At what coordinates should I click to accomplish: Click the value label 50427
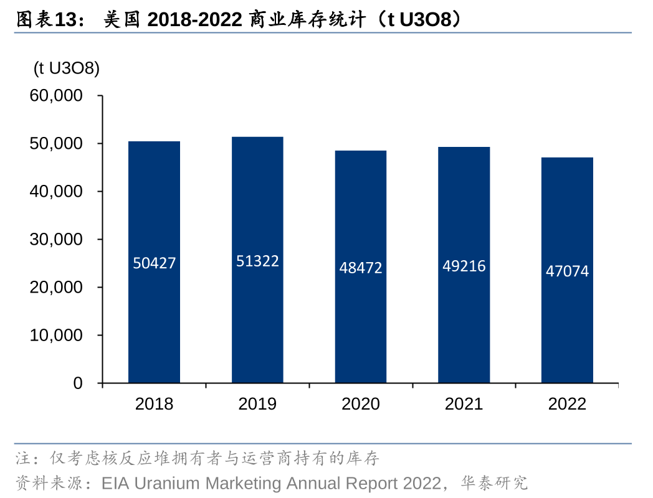155,263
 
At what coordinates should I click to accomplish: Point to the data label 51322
257,261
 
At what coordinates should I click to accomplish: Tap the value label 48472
361,268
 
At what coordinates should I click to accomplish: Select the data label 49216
464,266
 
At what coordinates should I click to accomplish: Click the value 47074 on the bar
567,271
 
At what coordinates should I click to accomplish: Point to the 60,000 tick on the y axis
56,95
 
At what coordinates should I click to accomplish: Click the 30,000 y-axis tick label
56,240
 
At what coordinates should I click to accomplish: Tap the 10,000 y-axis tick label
56,336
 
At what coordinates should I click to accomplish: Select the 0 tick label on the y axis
78,383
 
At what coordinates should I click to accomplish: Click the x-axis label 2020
361,404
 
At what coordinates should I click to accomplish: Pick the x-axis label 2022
567,404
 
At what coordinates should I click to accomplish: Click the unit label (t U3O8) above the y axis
67,68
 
